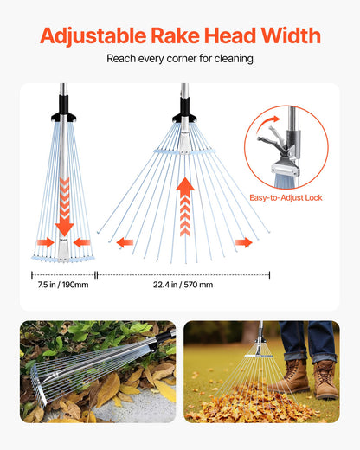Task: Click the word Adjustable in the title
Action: (x=93, y=36)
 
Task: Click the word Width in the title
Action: (x=290, y=36)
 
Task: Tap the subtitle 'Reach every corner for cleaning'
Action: (x=180, y=59)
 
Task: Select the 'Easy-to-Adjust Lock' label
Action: (x=286, y=197)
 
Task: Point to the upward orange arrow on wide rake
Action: (x=184, y=208)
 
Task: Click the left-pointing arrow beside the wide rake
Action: (x=125, y=242)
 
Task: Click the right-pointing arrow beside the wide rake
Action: (x=244, y=242)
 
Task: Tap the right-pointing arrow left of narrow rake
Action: (x=45, y=242)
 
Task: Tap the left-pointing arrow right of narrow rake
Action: (x=82, y=242)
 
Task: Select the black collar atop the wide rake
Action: (x=183, y=114)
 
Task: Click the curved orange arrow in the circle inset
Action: (x=275, y=122)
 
